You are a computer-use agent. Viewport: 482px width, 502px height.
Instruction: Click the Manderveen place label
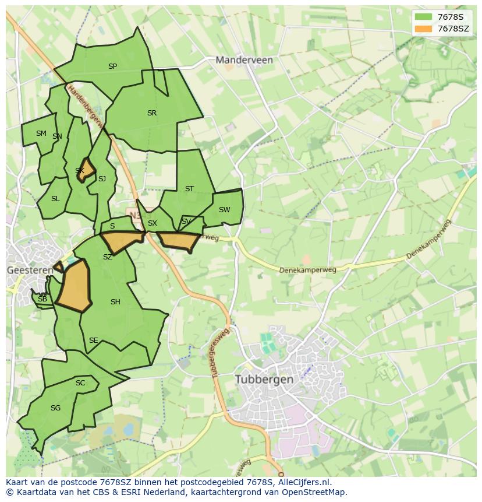tap(244, 59)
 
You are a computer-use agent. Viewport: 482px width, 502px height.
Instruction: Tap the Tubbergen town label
tap(264, 379)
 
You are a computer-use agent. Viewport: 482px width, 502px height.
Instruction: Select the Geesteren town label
tap(30, 271)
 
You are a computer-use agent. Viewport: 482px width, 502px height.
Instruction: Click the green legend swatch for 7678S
tap(423, 17)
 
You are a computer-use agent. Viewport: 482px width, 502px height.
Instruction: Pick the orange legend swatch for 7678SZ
tap(423, 29)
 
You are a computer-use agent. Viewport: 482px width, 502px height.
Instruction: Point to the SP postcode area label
tap(112, 66)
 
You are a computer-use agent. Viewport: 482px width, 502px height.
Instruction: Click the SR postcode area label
tap(152, 113)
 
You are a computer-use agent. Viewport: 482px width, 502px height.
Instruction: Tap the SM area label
tap(41, 134)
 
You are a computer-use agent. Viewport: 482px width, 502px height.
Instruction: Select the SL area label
tap(55, 199)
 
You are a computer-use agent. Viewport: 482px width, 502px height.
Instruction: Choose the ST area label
tap(189, 189)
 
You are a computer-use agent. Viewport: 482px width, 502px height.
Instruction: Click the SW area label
tap(224, 210)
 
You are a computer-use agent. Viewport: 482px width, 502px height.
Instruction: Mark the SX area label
tap(153, 223)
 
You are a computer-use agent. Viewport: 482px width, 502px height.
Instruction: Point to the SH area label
tap(115, 302)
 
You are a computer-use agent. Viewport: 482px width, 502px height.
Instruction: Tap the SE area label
tap(93, 340)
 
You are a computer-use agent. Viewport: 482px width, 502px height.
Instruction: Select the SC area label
tap(80, 383)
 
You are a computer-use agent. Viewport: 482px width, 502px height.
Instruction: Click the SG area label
tap(55, 408)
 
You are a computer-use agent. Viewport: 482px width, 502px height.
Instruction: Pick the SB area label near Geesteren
tap(42, 299)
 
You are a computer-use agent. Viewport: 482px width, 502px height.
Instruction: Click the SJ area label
tap(102, 179)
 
